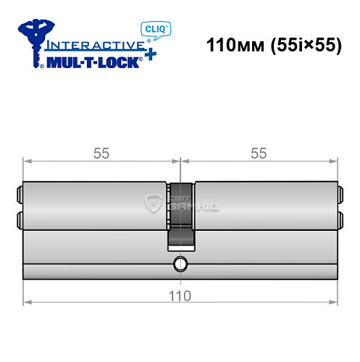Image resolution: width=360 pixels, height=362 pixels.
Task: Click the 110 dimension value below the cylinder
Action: coord(180,295)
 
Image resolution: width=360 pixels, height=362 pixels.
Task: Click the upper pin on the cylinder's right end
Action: coord(340,193)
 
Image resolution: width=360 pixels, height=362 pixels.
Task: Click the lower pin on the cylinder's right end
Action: coord(340,217)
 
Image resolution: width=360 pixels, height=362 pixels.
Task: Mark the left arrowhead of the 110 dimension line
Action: coord(27,300)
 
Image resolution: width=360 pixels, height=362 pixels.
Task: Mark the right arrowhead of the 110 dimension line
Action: coord(334,300)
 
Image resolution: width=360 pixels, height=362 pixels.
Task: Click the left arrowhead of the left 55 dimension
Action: coord(27,160)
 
